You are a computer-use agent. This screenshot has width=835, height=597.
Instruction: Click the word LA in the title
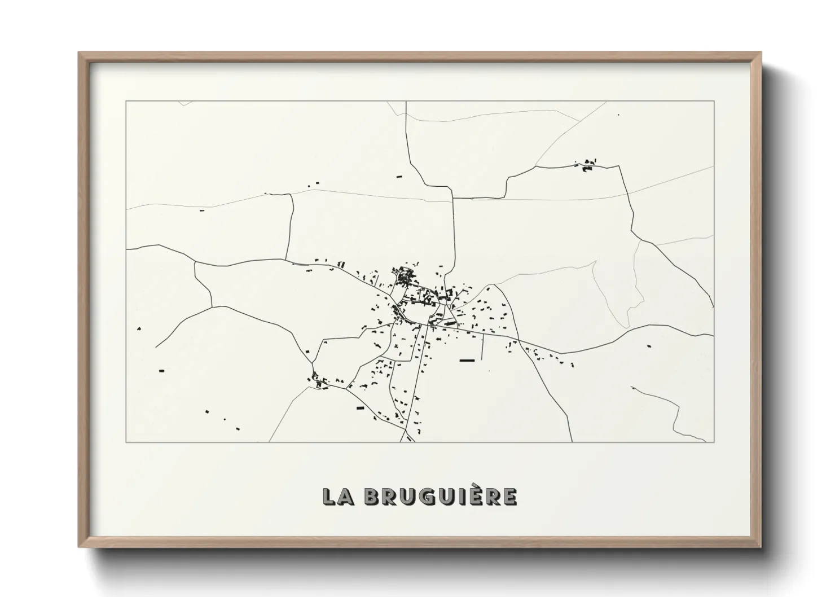pyautogui.click(x=339, y=497)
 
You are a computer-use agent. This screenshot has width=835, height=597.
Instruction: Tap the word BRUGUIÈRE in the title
pyautogui.click(x=441, y=497)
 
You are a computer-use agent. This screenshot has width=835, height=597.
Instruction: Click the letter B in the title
pyautogui.click(x=373, y=497)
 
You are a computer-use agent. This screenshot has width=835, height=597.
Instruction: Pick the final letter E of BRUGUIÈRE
pyautogui.click(x=509, y=497)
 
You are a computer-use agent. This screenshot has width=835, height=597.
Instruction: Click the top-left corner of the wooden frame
pyautogui.click(x=80, y=53)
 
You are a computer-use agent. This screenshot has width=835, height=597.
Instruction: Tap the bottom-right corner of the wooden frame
pyautogui.click(x=760, y=547)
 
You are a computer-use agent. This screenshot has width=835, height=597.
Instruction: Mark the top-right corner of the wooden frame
pyautogui.click(x=760, y=53)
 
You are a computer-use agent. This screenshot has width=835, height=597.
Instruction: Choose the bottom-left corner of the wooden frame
pyautogui.click(x=80, y=547)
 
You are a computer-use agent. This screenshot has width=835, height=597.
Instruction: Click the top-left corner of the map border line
pyautogui.click(x=126, y=102)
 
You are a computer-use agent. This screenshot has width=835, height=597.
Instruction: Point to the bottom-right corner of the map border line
pyautogui.click(x=714, y=442)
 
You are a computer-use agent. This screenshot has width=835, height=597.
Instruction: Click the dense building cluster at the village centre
pyautogui.click(x=405, y=278)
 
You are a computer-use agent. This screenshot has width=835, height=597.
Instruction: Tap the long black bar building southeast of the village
pyautogui.click(x=467, y=360)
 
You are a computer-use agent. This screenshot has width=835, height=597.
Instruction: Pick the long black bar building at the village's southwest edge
pyautogui.click(x=361, y=407)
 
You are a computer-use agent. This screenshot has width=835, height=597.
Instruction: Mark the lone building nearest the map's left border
pyautogui.click(x=139, y=328)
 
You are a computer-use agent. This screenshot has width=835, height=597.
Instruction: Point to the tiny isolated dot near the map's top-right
pyautogui.click(x=618, y=115)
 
